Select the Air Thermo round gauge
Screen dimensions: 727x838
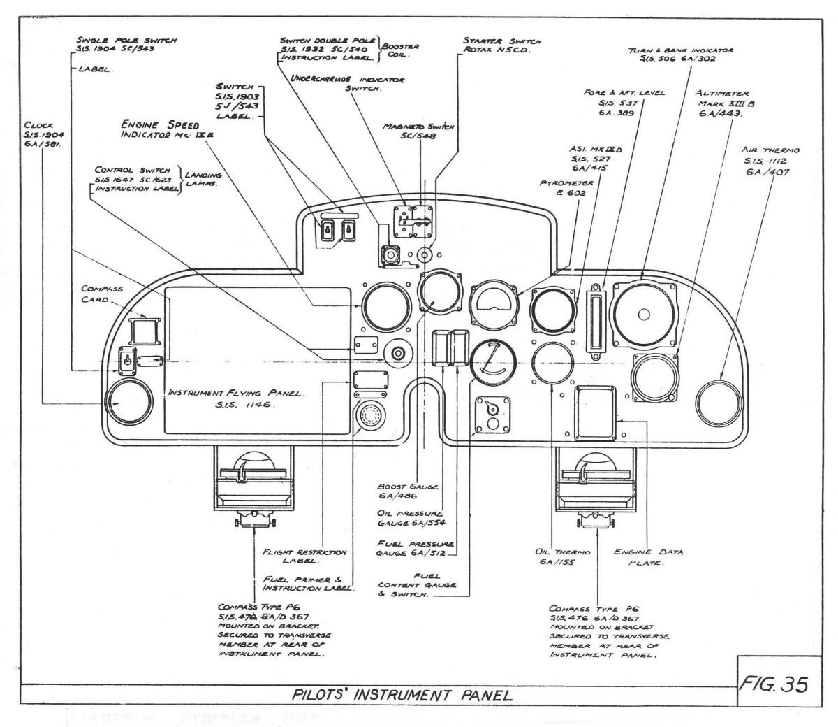pyautogui.click(x=720, y=402)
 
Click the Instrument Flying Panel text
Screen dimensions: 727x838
pyautogui.click(x=234, y=398)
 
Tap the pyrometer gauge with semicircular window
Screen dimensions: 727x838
pyautogui.click(x=495, y=304)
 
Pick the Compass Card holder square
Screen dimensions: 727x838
pyautogui.click(x=145, y=329)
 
